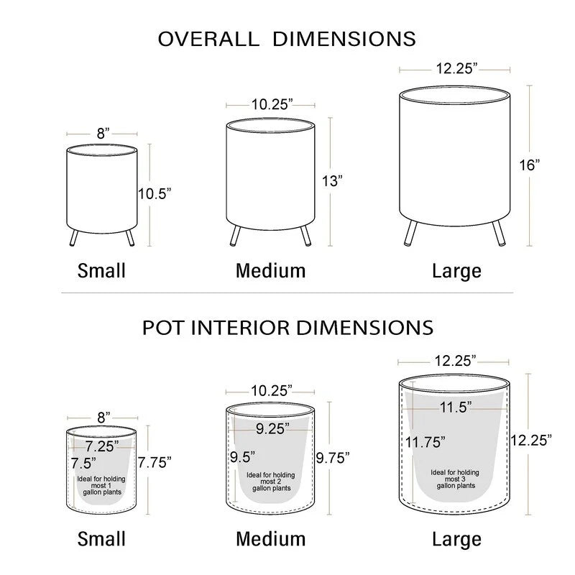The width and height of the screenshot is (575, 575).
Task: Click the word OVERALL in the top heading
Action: pyautogui.click(x=208, y=39)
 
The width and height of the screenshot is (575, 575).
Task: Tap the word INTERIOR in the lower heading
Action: pyautogui.click(x=241, y=328)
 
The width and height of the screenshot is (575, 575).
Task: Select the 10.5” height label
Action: pyautogui.click(x=155, y=193)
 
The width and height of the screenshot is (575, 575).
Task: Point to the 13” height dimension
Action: pyautogui.click(x=332, y=181)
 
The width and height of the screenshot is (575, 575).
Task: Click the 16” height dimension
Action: pyautogui.click(x=530, y=165)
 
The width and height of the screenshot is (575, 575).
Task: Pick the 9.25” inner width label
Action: pyautogui.click(x=272, y=428)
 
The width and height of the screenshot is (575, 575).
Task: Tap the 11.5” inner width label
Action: pyautogui.click(x=456, y=407)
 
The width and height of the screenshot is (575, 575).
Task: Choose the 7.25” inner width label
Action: pyautogui.click(x=102, y=446)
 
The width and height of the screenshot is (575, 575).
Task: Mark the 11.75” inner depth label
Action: pyautogui.click(x=425, y=442)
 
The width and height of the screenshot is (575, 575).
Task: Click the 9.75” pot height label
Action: pyautogui.click(x=333, y=458)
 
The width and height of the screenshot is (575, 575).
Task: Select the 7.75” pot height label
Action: pyautogui.click(x=155, y=463)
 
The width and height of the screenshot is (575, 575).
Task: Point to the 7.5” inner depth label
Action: pyautogui.click(x=83, y=463)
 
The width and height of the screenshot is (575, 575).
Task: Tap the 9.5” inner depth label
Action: pyautogui.click(x=242, y=457)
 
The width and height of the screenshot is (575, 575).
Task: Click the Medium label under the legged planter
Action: pyautogui.click(x=271, y=271)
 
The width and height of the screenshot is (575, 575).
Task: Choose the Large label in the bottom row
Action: pyautogui.click(x=456, y=539)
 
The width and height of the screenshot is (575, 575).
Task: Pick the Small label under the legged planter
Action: pyautogui.click(x=101, y=271)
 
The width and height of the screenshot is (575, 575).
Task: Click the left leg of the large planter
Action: pyautogui.click(x=411, y=232)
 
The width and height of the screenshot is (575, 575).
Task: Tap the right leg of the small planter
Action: pyautogui.click(x=130, y=237)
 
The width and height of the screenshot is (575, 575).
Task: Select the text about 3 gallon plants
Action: pyautogui.click(x=455, y=479)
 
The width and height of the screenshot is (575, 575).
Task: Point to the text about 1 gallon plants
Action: pyautogui.click(x=101, y=486)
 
